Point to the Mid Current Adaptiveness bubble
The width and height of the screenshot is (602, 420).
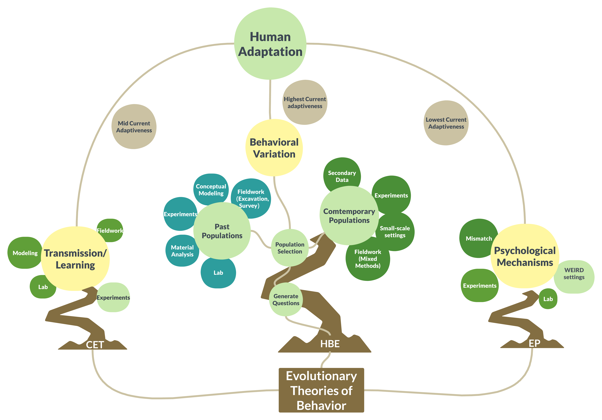pyautogui.click(x=134, y=127)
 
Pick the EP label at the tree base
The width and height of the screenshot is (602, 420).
pyautogui.click(x=534, y=343)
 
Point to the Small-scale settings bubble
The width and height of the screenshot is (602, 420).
pyautogui.click(x=395, y=232)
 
